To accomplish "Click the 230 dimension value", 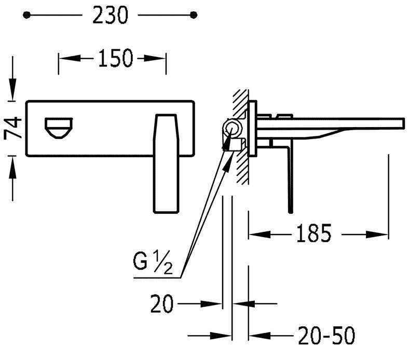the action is pyautogui.click(x=110, y=15).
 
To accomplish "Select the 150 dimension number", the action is pyautogui.click(x=115, y=58).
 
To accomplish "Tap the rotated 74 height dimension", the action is pyautogui.click(x=12, y=128).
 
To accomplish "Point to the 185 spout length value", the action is pyautogui.click(x=314, y=233).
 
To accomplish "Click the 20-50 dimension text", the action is pyautogui.click(x=326, y=335).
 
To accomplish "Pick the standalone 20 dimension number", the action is pyautogui.click(x=162, y=303).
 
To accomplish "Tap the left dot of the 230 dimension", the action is pyautogui.click(x=26, y=15).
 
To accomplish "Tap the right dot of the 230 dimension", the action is pyautogui.click(x=194, y=15).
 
